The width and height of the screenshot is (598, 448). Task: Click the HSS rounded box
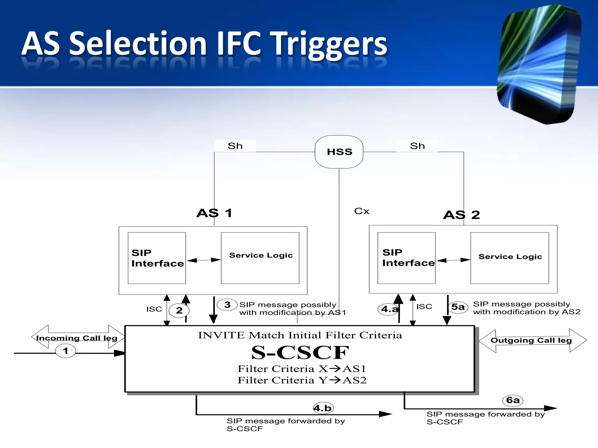(339, 152)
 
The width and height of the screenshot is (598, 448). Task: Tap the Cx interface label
(361, 211)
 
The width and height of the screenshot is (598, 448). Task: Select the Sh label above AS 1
(235, 146)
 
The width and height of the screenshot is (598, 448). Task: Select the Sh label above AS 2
(417, 146)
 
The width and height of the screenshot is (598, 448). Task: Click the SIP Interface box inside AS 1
(157, 258)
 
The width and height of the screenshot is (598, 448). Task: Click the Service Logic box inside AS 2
(510, 258)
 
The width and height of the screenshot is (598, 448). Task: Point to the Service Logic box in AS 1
(260, 258)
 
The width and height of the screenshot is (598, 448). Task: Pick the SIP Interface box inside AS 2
(406, 258)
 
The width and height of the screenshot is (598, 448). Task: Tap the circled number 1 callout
(65, 351)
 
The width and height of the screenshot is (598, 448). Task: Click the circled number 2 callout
(179, 310)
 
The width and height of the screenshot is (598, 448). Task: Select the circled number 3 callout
(227, 305)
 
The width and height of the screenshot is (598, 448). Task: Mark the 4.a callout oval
(389, 309)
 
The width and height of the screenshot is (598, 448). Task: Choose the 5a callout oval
(458, 307)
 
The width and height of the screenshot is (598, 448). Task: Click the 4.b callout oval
(323, 408)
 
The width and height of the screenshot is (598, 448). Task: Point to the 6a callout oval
(513, 400)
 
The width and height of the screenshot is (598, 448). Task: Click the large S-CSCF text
(300, 352)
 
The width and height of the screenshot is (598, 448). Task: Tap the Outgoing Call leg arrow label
(531, 340)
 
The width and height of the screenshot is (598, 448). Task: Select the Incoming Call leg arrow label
(77, 338)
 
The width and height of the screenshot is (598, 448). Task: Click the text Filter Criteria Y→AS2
(302, 380)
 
